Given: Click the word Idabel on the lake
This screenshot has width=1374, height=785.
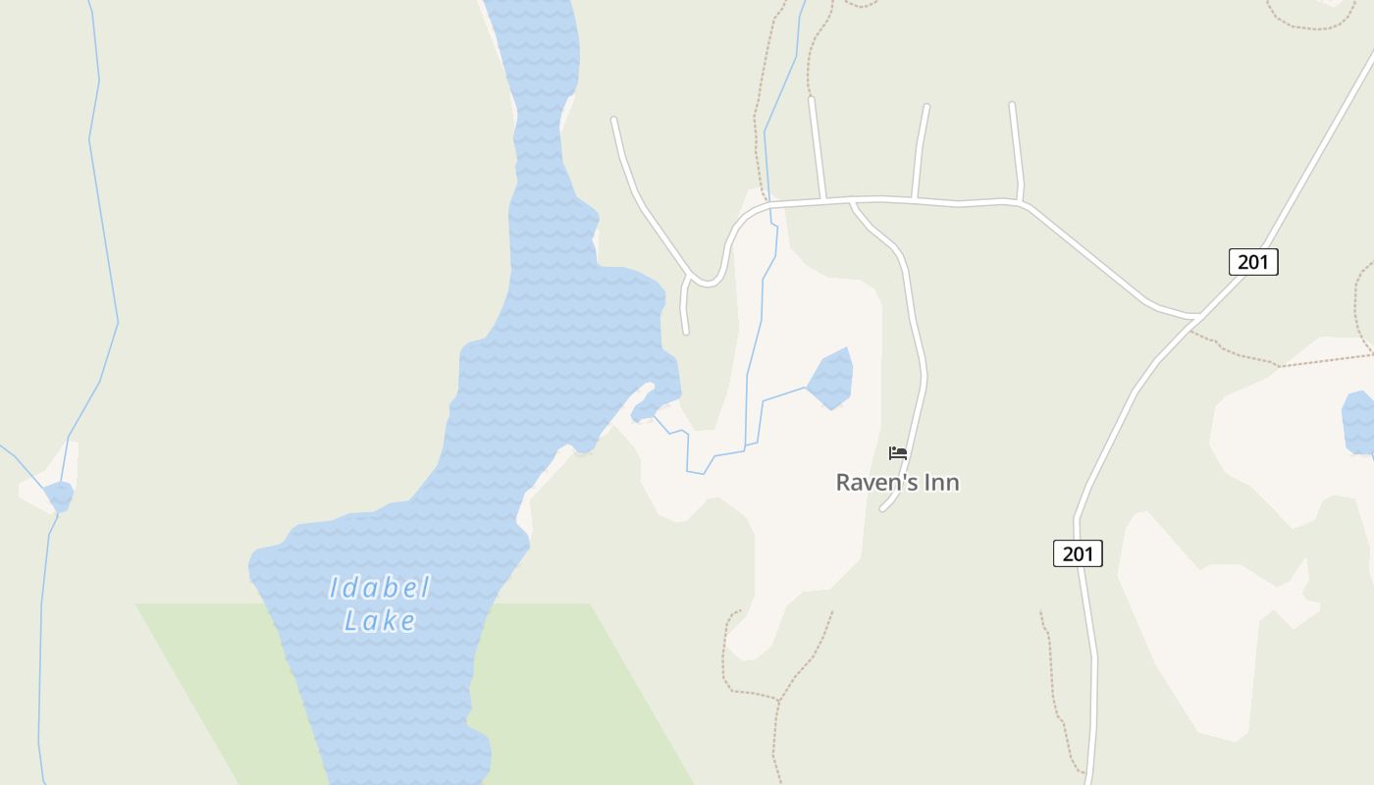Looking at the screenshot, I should [x=379, y=588].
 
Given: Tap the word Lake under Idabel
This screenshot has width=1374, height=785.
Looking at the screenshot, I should [x=379, y=620].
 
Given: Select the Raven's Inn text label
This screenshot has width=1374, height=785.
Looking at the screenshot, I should [x=897, y=483].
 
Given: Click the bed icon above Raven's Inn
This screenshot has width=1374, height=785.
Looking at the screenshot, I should [x=897, y=452].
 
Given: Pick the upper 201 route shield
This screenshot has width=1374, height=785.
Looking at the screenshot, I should [x=1252, y=262].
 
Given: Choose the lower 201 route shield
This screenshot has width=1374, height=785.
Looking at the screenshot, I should [x=1077, y=553].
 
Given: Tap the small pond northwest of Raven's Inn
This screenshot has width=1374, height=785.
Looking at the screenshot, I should [x=830, y=379].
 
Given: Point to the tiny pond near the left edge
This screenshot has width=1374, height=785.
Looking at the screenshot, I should [x=60, y=496].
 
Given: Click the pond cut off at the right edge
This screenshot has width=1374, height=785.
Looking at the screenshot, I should [x=1359, y=422].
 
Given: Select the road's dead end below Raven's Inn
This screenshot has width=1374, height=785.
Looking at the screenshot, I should [x=883, y=508].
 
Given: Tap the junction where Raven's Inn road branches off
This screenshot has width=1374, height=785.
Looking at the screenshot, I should [x=852, y=202].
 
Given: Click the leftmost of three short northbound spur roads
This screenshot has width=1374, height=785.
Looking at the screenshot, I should [x=816, y=147].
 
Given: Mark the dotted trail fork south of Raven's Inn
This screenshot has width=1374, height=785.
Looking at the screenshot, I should [x=779, y=700].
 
